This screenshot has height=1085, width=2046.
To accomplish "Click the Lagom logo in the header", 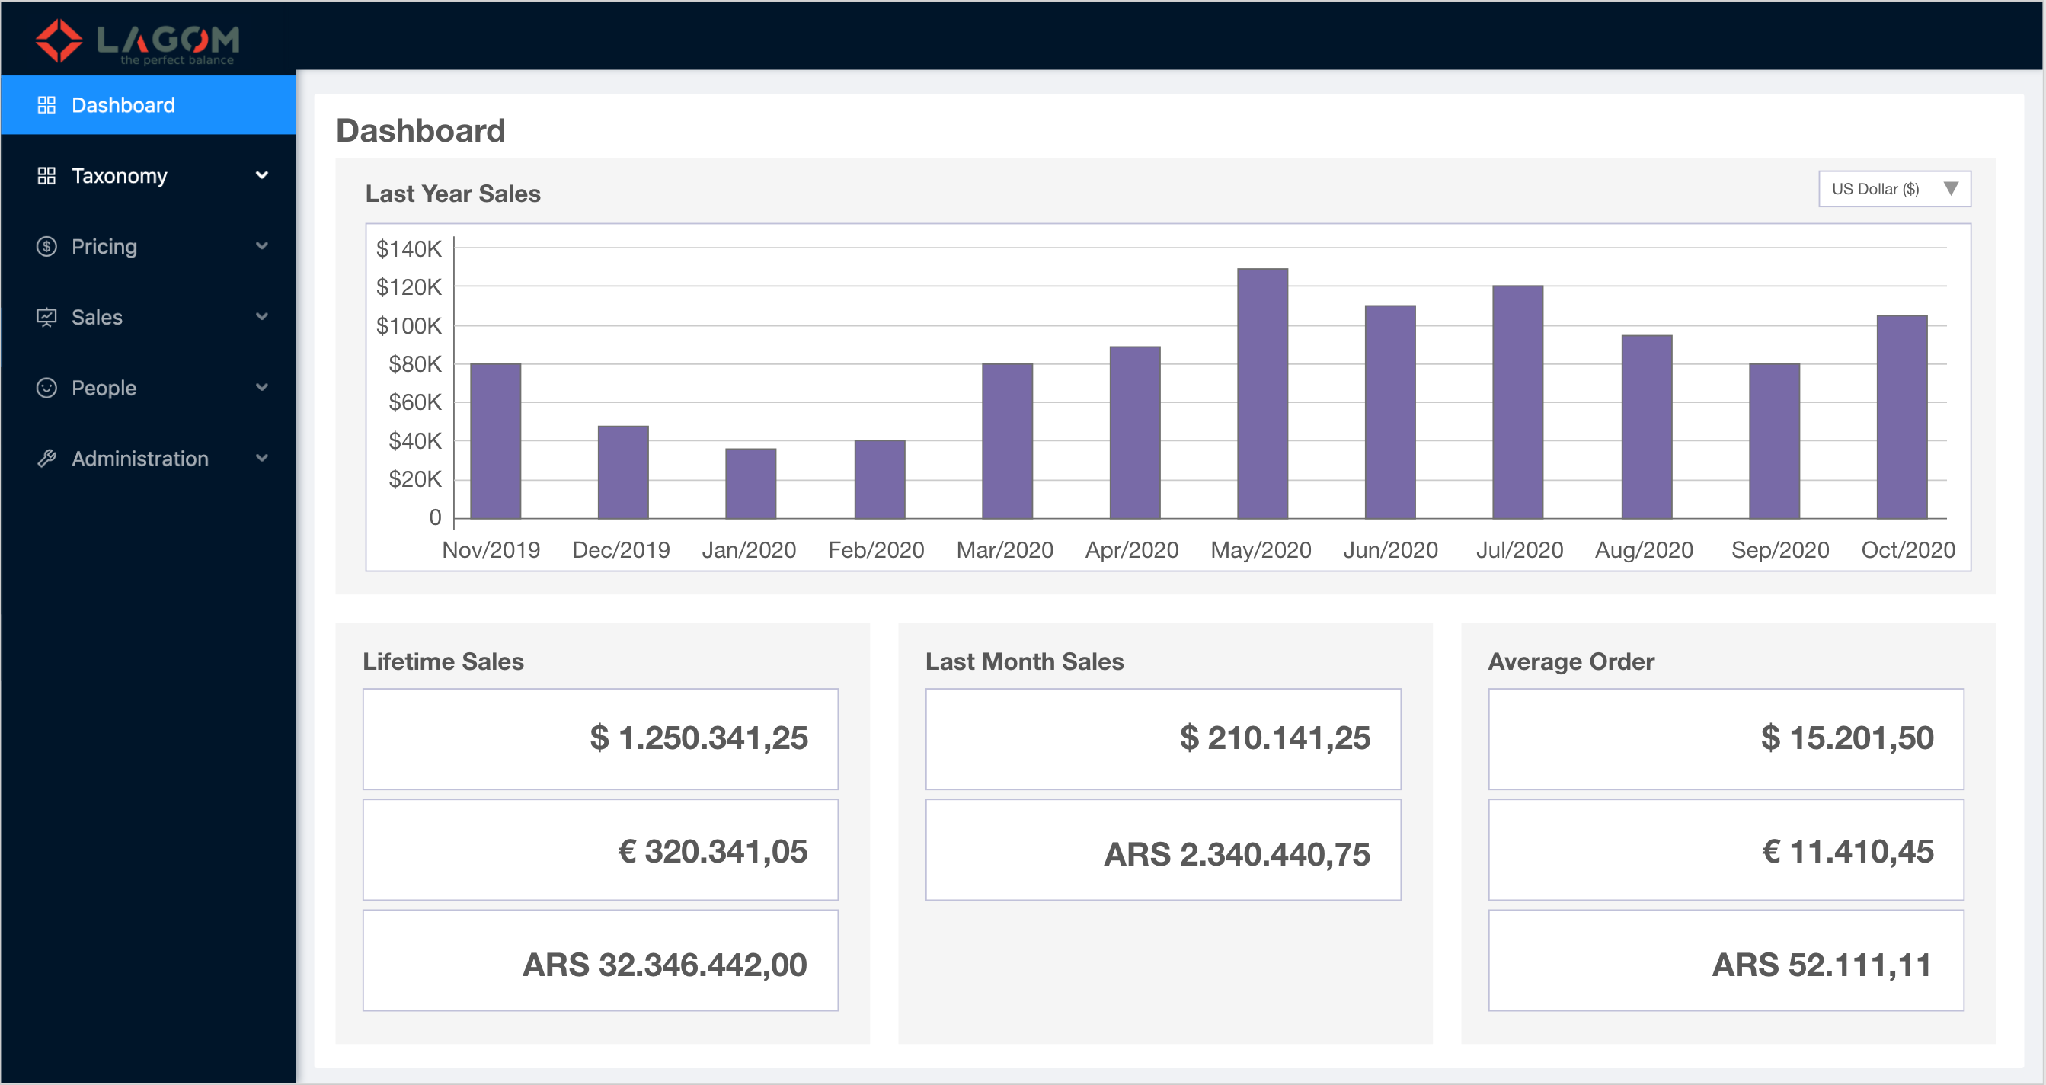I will pyautogui.click(x=137, y=41).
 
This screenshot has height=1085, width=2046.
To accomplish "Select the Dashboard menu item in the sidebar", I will pyautogui.click(x=123, y=105).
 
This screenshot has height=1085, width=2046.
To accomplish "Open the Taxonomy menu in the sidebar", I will pyautogui.click(x=119, y=175).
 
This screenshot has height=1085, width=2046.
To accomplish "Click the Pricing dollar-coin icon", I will pyautogui.click(x=47, y=246).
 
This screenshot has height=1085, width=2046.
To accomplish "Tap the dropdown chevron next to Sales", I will pyautogui.click(x=261, y=317).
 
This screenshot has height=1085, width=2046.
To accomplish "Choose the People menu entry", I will pyautogui.click(x=104, y=388).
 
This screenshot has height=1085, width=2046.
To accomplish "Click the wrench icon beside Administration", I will pyautogui.click(x=47, y=458).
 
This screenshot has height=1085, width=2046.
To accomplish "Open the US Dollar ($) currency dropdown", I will pyautogui.click(x=1894, y=189).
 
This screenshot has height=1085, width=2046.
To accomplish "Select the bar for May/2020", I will pyautogui.click(x=1262, y=393).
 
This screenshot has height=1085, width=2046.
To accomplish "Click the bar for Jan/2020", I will pyautogui.click(x=750, y=483).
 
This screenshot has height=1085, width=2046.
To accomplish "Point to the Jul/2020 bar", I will pyautogui.click(x=1517, y=401).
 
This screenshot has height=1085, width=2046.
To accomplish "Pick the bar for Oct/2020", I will pyautogui.click(x=1901, y=416).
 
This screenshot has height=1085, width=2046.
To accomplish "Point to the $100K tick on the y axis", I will pyautogui.click(x=409, y=325).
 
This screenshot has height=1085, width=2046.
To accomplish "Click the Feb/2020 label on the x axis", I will pyautogui.click(x=876, y=549).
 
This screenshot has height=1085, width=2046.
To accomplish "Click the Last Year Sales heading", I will pyautogui.click(x=452, y=194).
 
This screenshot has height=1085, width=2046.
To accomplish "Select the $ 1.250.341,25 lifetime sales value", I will pyautogui.click(x=699, y=738).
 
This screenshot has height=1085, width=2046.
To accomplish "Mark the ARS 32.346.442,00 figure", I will pyautogui.click(x=664, y=965).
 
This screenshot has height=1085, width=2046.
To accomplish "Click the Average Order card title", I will pyautogui.click(x=1570, y=661).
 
